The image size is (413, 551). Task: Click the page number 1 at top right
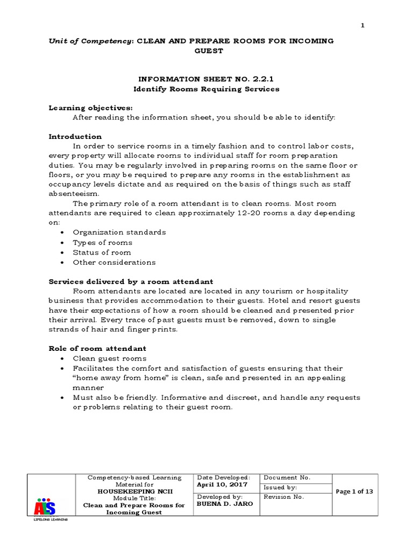363,26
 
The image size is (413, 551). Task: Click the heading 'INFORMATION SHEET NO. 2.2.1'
206,79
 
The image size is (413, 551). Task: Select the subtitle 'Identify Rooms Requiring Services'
206,89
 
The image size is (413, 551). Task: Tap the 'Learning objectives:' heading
90,108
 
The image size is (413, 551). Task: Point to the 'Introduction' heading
75,137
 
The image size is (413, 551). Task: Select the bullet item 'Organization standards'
119,232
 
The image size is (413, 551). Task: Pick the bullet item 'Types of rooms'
103,243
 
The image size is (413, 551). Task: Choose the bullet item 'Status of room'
102,252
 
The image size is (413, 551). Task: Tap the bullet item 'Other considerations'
114,263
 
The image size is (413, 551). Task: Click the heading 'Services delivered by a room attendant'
131,281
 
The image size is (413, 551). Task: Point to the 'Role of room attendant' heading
97,349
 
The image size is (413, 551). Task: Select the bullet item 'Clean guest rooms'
110,358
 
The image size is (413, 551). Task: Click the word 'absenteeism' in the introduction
73,193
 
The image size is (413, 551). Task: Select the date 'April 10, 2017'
223,484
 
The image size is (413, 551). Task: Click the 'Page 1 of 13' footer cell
354,492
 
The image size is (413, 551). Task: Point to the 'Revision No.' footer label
284,497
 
